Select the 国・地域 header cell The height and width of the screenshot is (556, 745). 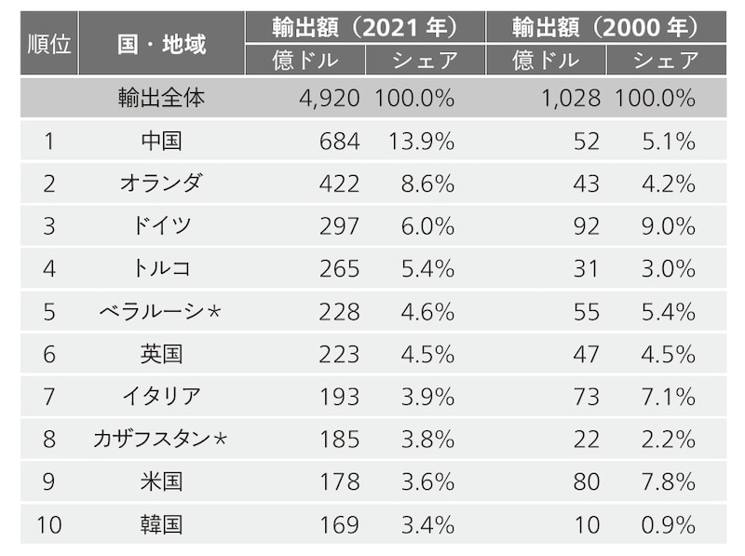click(162, 44)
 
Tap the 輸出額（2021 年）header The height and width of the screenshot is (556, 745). click(365, 28)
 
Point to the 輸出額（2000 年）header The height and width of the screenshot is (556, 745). click(605, 28)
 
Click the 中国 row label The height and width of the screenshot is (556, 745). click(162, 141)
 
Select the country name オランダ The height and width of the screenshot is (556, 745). click(161, 183)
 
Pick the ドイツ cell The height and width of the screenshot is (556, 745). click(162, 226)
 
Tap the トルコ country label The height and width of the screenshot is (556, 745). click(162, 269)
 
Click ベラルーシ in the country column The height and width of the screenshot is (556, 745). click(156, 312)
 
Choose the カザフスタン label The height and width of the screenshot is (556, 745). click(156, 440)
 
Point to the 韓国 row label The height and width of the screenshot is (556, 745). click(162, 525)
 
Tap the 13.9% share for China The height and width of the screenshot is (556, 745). click(423, 141)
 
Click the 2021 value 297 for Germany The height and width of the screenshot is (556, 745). click(339, 226)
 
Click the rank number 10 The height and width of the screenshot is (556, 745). click(49, 525)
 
